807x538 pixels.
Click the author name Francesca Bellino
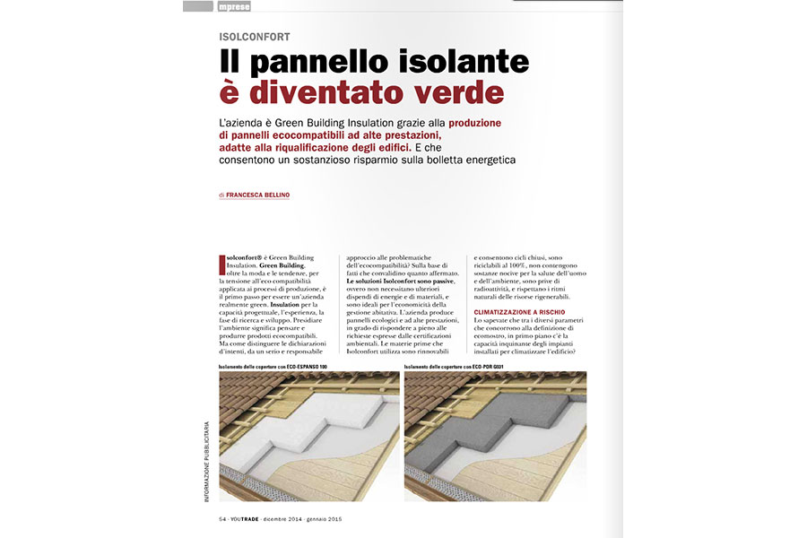[x=257, y=195]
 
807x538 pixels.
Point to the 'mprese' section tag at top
[x=234, y=6]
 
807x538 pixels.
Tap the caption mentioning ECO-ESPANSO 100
[x=267, y=367]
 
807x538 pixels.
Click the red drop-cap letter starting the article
[x=221, y=265]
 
